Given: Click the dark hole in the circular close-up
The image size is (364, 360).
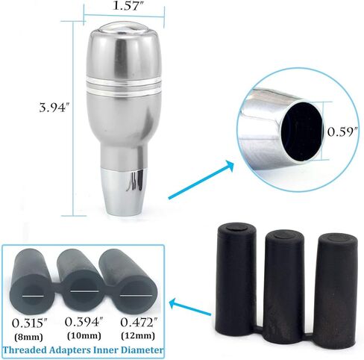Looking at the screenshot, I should click(301, 131).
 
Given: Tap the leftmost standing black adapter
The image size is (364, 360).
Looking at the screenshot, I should click(234, 276).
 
